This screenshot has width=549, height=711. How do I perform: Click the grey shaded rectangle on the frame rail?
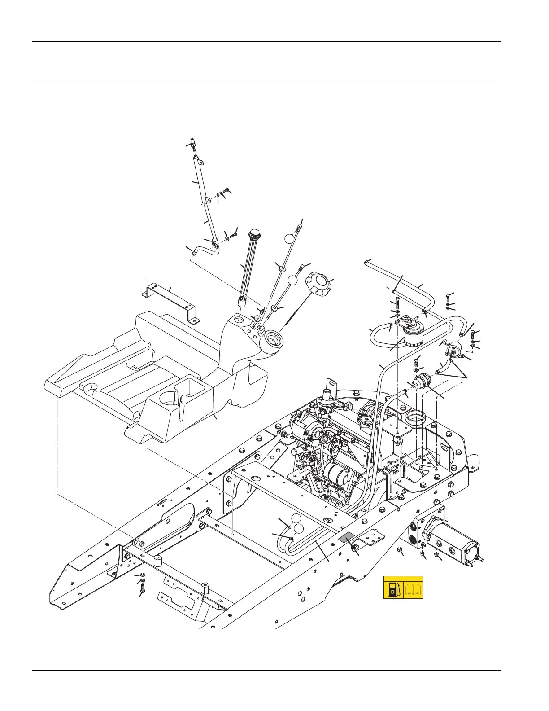click(x=346, y=539)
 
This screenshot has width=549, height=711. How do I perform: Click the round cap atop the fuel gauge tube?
click(x=254, y=234)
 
